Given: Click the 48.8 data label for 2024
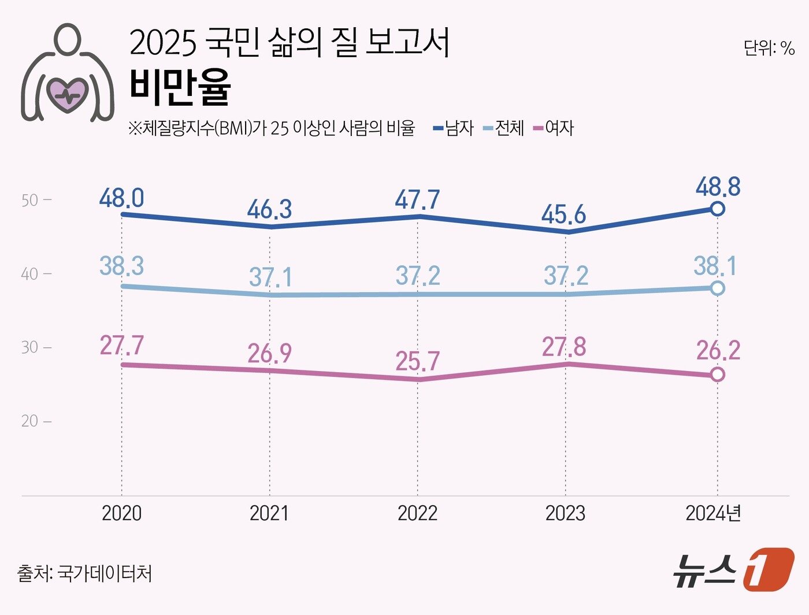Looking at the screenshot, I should click(x=718, y=187).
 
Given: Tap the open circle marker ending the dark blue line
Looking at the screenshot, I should click(x=717, y=209).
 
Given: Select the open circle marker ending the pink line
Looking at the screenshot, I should click(x=717, y=375).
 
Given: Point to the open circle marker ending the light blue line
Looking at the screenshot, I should click(x=717, y=288).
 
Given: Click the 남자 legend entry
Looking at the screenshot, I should click(x=454, y=128).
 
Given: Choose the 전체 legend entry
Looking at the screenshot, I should click(x=503, y=128).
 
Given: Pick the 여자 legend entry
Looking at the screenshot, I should click(x=554, y=128).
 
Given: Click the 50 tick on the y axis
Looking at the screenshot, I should click(x=29, y=201).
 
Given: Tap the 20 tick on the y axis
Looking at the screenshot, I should click(x=29, y=421).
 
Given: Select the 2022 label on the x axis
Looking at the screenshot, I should click(x=417, y=513).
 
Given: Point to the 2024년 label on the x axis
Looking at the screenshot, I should click(x=713, y=513).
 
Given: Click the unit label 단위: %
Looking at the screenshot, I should click(x=769, y=48).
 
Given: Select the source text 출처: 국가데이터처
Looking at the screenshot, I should click(x=85, y=573).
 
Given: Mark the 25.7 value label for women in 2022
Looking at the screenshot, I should click(x=417, y=362).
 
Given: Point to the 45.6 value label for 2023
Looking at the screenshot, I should click(x=563, y=215).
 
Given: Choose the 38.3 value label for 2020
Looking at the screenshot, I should click(x=121, y=266).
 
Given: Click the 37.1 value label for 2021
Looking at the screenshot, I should click(x=270, y=277).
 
